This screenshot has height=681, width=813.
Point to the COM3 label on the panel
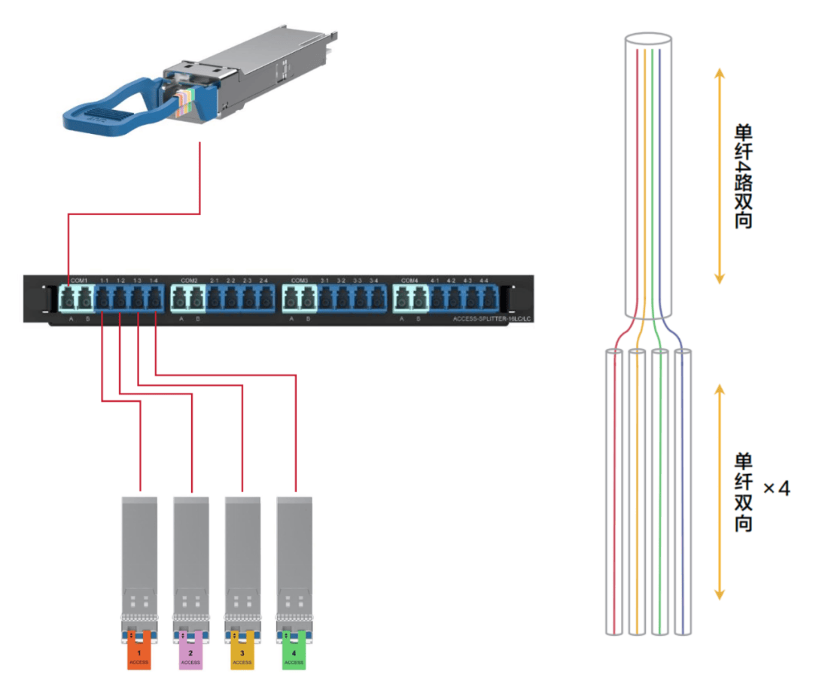(299, 281)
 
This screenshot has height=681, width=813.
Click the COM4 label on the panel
(410, 281)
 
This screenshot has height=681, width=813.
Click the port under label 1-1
(103, 299)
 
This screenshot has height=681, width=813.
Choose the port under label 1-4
(154, 299)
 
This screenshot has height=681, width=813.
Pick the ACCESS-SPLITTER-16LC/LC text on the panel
(492, 319)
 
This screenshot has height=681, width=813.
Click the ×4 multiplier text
(776, 488)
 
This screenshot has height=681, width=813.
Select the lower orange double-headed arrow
(719, 492)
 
